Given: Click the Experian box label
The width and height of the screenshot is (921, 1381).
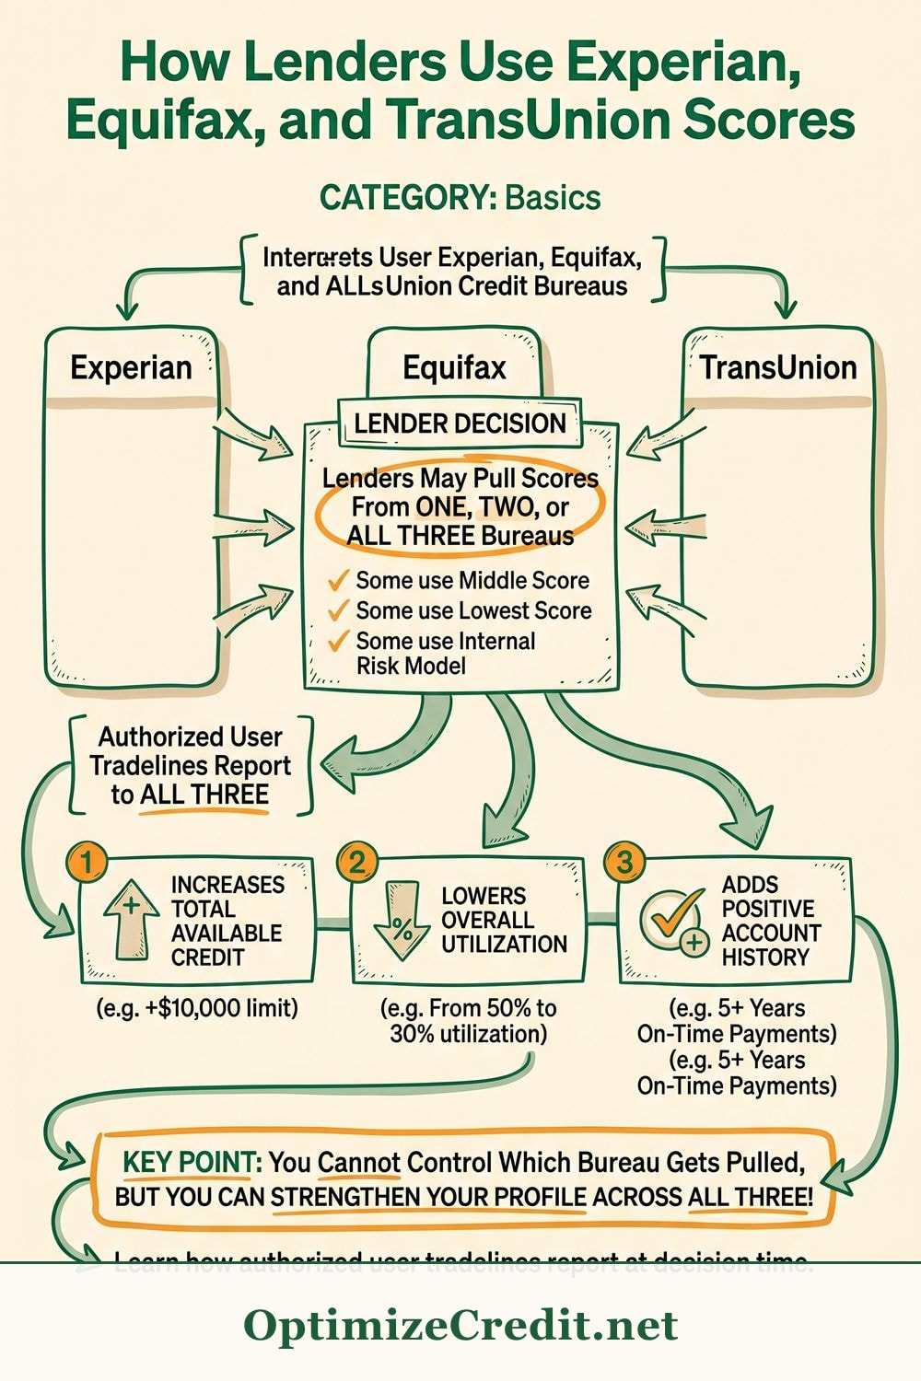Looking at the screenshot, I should pyautogui.click(x=131, y=367).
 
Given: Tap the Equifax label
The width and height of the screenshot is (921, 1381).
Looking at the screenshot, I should pyautogui.click(x=454, y=368).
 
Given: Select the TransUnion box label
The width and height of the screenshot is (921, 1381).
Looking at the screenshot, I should pyautogui.click(x=778, y=367).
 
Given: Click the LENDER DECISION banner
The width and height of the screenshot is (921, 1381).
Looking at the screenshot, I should pyautogui.click(x=460, y=424).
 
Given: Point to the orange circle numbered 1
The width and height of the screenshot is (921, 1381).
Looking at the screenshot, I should pyautogui.click(x=87, y=863).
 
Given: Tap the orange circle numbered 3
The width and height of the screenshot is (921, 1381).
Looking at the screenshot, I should pyautogui.click(x=624, y=863).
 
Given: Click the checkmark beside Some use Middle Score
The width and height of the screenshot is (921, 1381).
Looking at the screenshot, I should pyautogui.click(x=339, y=580).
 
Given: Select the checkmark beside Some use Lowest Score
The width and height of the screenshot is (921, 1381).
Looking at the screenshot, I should pyautogui.click(x=339, y=610).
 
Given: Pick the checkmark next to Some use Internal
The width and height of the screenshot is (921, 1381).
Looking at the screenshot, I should pyautogui.click(x=339, y=641).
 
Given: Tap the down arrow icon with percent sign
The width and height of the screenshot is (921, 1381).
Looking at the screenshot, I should pyautogui.click(x=402, y=921).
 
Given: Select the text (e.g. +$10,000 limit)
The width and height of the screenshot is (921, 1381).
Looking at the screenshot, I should pyautogui.click(x=197, y=1008).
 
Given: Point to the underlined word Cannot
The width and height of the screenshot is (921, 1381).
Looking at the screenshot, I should pyautogui.click(x=359, y=1163).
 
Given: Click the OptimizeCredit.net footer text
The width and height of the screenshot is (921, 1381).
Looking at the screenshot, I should pyautogui.click(x=460, y=1326).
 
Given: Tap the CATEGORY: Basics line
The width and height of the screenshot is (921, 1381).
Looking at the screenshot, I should pyautogui.click(x=460, y=197).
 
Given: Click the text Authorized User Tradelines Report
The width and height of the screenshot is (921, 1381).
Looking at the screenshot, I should pyautogui.click(x=191, y=751).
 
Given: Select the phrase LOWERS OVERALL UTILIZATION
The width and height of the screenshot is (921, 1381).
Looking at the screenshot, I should pyautogui.click(x=504, y=920).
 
